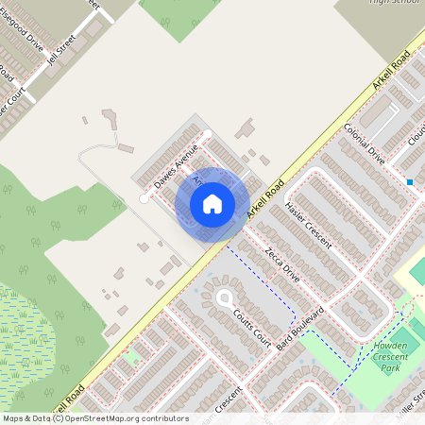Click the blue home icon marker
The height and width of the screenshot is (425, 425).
(212, 203)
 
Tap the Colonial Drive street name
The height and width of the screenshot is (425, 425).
(365, 144)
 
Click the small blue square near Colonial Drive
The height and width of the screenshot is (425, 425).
(410, 181)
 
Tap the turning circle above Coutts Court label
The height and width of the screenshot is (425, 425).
(226, 298)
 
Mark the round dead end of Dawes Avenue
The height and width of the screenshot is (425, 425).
(144, 198)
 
